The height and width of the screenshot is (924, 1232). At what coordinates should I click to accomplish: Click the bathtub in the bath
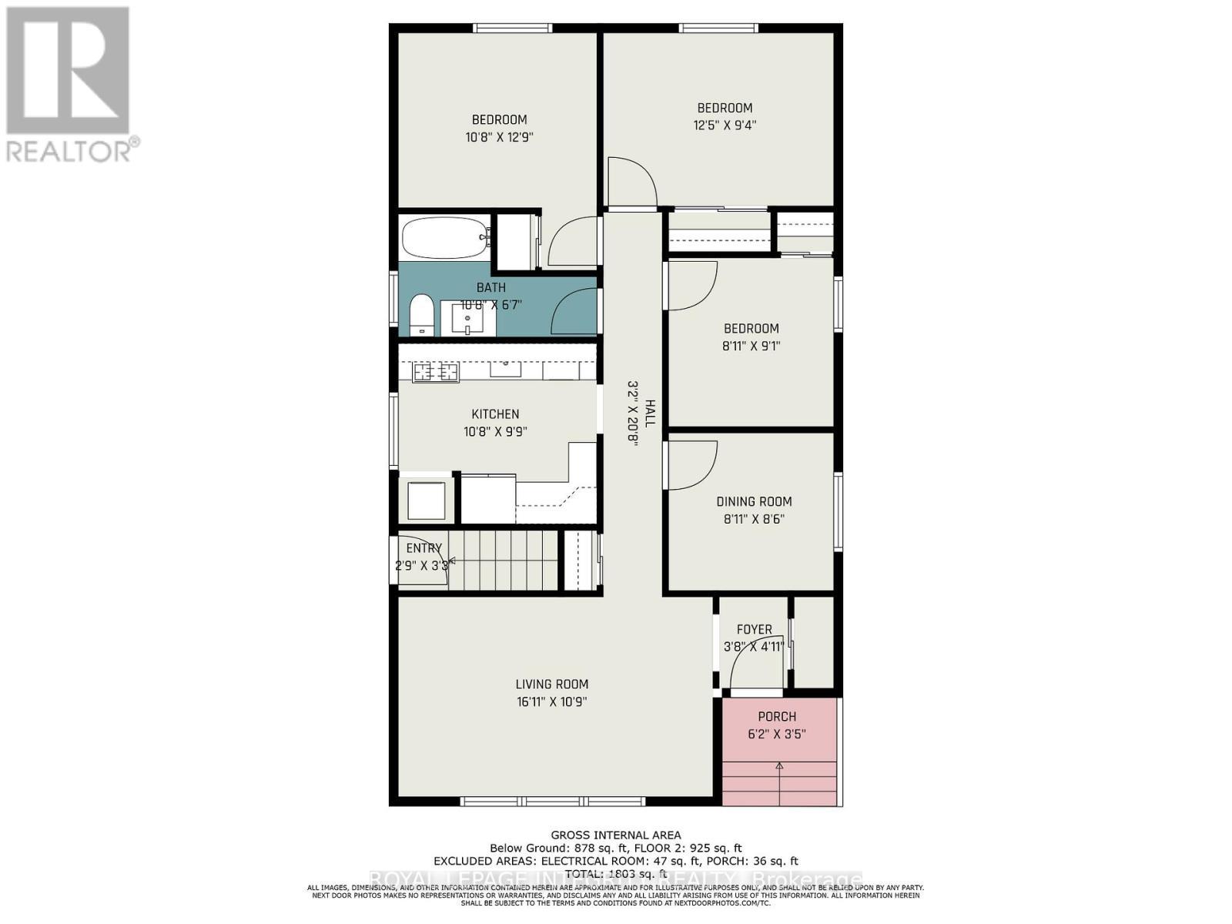445,237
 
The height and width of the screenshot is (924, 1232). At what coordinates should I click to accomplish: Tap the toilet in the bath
421,314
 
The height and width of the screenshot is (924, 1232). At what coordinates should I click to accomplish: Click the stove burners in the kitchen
436,373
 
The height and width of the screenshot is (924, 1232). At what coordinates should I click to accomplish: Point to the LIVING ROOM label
552,684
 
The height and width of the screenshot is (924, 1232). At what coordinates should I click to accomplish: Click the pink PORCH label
777,716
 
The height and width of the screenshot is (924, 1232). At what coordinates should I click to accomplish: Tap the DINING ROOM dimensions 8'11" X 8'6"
754,519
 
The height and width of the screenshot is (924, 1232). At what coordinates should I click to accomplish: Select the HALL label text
651,413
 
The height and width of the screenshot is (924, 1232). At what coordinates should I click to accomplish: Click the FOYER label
754,629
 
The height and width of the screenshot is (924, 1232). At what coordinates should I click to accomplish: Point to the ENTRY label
424,548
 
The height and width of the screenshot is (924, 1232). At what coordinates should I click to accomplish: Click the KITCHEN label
495,414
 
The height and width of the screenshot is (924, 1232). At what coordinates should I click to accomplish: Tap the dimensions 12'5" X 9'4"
725,125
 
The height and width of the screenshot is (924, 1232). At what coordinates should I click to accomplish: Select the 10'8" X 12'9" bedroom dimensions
499,137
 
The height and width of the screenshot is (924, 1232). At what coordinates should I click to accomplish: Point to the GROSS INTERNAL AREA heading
615,835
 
